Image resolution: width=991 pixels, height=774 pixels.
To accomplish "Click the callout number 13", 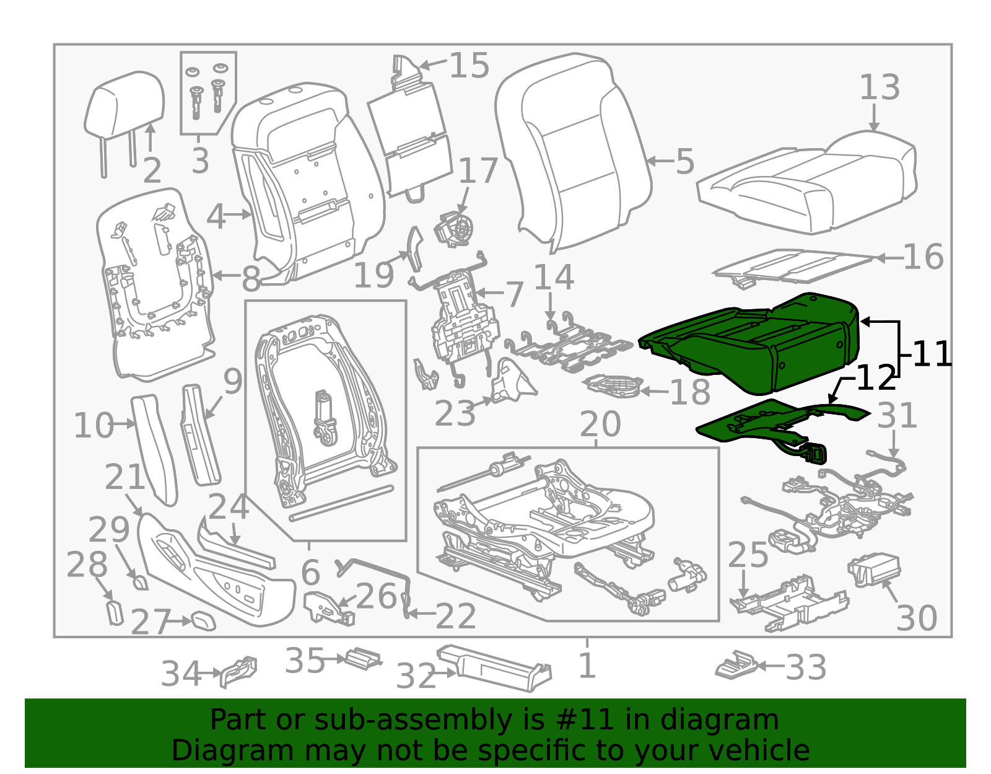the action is (880, 87).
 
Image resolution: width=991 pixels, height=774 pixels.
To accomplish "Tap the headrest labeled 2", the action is (124, 110).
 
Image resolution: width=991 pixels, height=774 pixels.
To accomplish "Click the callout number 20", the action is (600, 424).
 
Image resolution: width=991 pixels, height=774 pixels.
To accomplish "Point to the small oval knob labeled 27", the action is (203, 621).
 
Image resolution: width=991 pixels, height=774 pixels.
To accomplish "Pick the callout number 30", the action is (917, 618).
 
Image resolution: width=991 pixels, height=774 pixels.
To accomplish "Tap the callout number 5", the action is (684, 161).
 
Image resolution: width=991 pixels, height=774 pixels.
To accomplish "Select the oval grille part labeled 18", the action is (614, 387).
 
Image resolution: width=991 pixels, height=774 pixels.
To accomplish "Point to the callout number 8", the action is (251, 278).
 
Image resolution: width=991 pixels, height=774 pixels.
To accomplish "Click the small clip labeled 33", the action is (736, 666).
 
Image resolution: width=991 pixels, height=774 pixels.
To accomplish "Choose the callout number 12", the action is (876, 377).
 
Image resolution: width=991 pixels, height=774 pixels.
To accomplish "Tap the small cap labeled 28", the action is (115, 612).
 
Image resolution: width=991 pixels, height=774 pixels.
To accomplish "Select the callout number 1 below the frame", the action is (587, 666).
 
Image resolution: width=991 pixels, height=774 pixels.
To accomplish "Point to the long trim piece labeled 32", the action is (494, 668).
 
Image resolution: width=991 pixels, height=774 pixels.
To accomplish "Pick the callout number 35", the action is (305, 661).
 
